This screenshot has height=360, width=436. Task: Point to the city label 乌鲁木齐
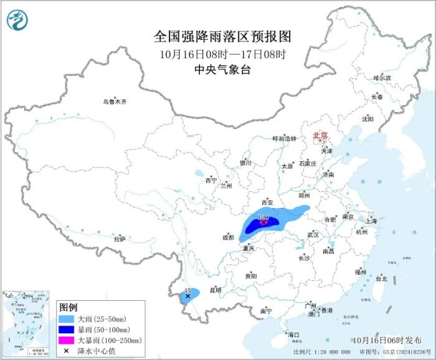pyautogui.click(x=115, y=102)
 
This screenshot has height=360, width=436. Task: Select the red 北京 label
pyautogui.click(x=319, y=135)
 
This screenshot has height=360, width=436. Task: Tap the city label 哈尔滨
pyautogui.click(x=382, y=78)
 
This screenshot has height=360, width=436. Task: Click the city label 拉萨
pyautogui.click(x=120, y=239)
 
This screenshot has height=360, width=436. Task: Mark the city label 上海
pyautogui.click(x=371, y=220)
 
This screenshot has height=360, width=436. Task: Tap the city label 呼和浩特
pyautogui.click(x=285, y=138)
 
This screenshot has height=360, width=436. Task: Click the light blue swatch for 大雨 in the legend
pyautogui.click(x=67, y=319)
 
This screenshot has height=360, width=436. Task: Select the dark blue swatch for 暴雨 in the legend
pyautogui.click(x=67, y=329)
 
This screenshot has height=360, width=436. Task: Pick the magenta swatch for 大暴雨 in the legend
pyautogui.click(x=67, y=340)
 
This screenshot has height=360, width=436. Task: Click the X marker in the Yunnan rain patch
pyautogui.click(x=188, y=296)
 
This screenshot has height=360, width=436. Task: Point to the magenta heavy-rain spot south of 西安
pyautogui.click(x=263, y=222)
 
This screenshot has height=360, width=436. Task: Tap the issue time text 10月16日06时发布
pyautogui.click(x=386, y=340)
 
